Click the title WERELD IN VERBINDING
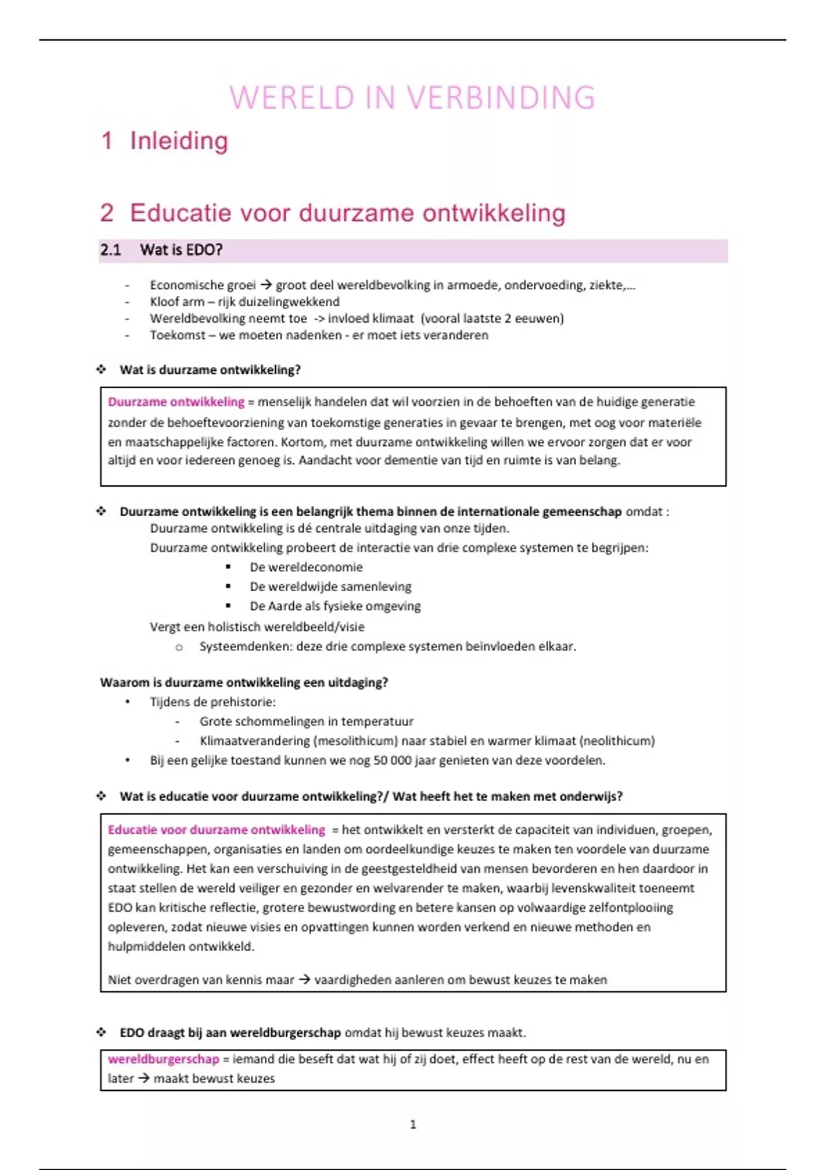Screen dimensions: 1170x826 click(412, 98)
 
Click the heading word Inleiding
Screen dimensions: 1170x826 click(179, 141)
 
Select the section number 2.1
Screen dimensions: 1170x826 click(110, 250)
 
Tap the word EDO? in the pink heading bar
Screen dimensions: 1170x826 click(204, 250)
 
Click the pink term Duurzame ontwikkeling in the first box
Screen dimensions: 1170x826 click(176, 402)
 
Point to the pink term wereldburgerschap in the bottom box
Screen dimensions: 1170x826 click(163, 1059)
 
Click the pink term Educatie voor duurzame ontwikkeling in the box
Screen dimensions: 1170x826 click(216, 830)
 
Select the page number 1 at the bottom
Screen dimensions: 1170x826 click(413, 1125)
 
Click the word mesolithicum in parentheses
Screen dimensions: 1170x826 click(356, 741)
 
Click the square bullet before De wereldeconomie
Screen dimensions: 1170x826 click(229, 567)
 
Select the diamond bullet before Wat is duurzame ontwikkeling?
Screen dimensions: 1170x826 click(101, 370)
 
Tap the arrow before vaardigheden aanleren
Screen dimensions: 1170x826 click(304, 979)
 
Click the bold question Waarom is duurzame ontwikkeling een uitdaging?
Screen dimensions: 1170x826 click(244, 683)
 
